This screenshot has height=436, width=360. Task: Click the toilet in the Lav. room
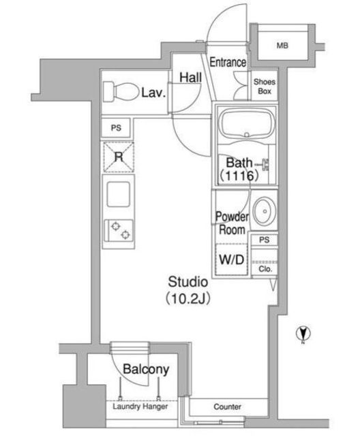121,91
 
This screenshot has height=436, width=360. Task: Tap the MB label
282,46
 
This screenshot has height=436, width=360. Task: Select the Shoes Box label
265,87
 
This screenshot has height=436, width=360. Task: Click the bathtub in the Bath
247,124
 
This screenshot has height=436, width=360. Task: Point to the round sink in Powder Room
265,211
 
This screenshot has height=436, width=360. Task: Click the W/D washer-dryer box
232,260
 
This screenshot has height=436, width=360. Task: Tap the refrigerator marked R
119,157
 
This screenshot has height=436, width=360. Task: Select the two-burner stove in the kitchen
119,230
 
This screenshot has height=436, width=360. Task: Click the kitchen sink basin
118,194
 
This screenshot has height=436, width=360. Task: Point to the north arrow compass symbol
303,333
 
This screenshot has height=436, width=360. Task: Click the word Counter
227,407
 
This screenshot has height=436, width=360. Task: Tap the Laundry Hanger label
140,406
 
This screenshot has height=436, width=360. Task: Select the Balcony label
146,369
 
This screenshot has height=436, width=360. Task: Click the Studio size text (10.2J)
187,298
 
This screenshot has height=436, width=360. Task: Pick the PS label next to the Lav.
116,128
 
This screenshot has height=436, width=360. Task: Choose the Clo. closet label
265,269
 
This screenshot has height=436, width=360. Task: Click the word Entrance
228,62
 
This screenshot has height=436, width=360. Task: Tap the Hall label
191,78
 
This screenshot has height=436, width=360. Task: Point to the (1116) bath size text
239,176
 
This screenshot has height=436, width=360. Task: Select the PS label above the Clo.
265,240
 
